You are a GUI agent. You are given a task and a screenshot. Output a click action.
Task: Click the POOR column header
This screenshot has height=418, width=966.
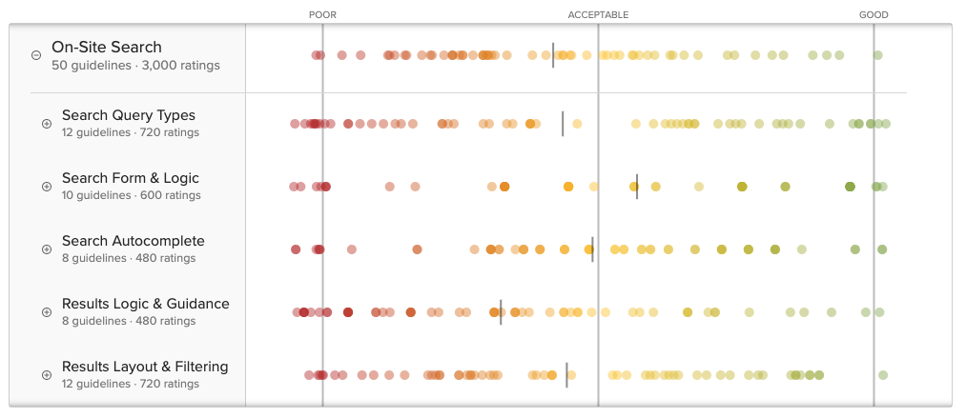[322, 15]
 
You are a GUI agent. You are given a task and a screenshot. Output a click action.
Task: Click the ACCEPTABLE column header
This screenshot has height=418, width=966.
[598, 15]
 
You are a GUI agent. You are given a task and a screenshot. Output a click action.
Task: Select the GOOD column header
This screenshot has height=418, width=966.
[874, 15]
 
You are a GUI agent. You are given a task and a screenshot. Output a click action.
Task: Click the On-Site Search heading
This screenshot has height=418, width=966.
[107, 47]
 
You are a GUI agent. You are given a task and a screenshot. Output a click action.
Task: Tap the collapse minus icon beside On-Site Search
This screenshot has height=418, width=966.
[36, 55]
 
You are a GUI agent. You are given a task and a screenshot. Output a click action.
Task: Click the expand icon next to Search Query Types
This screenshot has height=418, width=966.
[47, 124]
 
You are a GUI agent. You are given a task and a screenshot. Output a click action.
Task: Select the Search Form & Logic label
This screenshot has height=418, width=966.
[131, 178]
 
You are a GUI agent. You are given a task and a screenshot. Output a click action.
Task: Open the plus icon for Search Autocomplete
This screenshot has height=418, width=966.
[47, 249]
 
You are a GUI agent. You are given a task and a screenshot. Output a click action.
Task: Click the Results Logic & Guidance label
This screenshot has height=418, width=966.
[146, 304]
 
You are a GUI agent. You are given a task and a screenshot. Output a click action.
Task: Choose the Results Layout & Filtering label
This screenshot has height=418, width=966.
[145, 367]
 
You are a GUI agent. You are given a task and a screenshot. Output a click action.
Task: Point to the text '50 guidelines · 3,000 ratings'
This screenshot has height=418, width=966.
[135, 66]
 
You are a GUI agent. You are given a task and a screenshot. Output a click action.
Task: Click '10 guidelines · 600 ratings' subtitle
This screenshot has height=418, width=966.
[132, 195]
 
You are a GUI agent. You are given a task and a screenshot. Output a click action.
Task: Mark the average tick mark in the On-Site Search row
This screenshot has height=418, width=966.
[553, 55]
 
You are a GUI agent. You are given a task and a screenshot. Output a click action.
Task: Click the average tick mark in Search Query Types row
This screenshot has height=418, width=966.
[563, 124]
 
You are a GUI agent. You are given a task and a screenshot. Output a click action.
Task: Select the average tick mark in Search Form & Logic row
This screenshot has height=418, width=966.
[637, 187]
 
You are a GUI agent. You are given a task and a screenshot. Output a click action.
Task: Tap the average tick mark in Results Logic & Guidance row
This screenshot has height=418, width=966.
[501, 312]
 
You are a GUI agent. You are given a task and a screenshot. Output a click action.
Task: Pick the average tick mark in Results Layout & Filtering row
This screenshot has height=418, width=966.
[566, 375]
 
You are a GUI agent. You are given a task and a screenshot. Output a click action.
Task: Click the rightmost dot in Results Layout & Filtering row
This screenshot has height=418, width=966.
[883, 375]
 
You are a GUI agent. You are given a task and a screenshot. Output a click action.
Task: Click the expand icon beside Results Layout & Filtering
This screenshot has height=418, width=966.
[47, 375]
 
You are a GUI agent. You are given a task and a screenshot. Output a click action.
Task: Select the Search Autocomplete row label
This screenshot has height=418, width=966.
[134, 241]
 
